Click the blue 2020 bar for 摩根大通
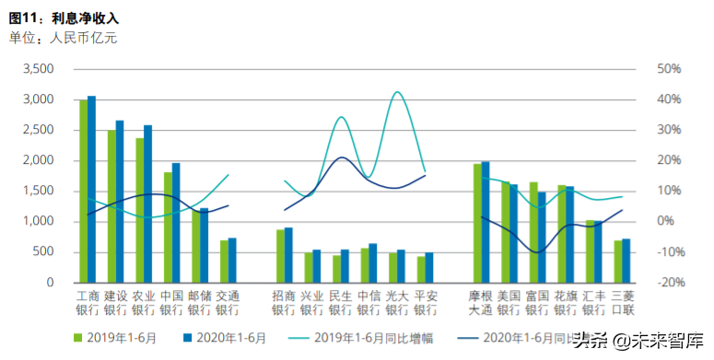pyautogui.click(x=486, y=222)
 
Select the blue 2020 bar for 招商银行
pyautogui.click(x=288, y=254)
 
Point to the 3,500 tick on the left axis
pyautogui.click(x=38, y=69)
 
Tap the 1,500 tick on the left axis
pyautogui.click(x=38, y=191)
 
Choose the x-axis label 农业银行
pyautogui.click(x=143, y=303)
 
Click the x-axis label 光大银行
pyautogui.click(x=397, y=303)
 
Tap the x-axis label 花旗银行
pyautogui.click(x=566, y=303)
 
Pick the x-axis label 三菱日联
pyautogui.click(x=623, y=303)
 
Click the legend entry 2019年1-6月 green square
pyautogui.click(x=80, y=338)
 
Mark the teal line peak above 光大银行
pyautogui.click(x=397, y=92)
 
